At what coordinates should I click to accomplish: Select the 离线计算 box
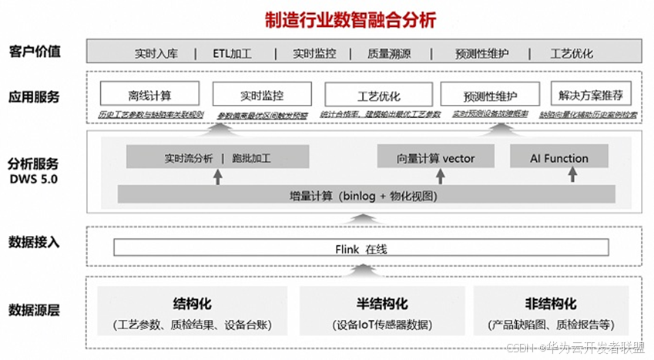(x=150, y=96)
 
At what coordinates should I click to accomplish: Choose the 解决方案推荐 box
(x=591, y=96)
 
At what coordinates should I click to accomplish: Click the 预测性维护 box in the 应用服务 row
(x=490, y=96)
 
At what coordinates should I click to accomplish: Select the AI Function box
(x=559, y=158)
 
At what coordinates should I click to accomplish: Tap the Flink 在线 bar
(x=361, y=248)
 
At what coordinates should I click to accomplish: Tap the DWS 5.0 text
(x=34, y=178)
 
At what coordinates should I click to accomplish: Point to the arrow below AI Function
(x=572, y=176)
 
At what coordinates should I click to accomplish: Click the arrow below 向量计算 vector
(x=425, y=176)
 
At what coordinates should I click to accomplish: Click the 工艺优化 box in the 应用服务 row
(x=379, y=96)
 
